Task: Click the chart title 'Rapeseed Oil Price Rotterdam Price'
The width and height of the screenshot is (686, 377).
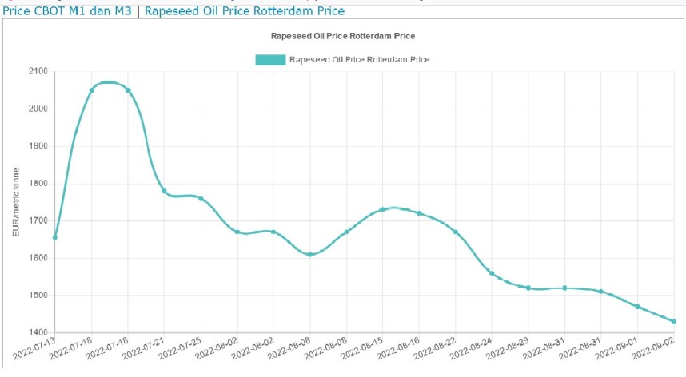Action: (x=344, y=37)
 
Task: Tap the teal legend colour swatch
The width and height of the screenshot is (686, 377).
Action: (x=269, y=60)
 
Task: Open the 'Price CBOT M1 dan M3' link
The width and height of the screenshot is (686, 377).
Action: (x=66, y=11)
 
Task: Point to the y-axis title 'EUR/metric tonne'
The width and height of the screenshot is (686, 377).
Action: (x=16, y=202)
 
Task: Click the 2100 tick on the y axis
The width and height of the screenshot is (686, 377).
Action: (x=37, y=72)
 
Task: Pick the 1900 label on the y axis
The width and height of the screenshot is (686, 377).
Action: (x=37, y=147)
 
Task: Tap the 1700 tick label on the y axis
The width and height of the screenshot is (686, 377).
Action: (x=37, y=221)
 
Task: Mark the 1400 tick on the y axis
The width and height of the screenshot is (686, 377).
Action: (x=37, y=333)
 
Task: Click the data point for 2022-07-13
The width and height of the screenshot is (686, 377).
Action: (x=55, y=237)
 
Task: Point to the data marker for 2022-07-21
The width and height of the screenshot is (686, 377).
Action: (x=164, y=191)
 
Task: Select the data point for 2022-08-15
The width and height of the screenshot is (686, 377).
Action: (x=382, y=209)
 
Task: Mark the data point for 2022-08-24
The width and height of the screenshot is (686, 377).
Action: (x=492, y=273)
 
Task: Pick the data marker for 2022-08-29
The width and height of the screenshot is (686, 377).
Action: (x=528, y=288)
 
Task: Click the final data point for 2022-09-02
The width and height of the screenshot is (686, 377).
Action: (x=674, y=322)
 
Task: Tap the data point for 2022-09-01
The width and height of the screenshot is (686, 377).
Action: (x=637, y=307)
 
